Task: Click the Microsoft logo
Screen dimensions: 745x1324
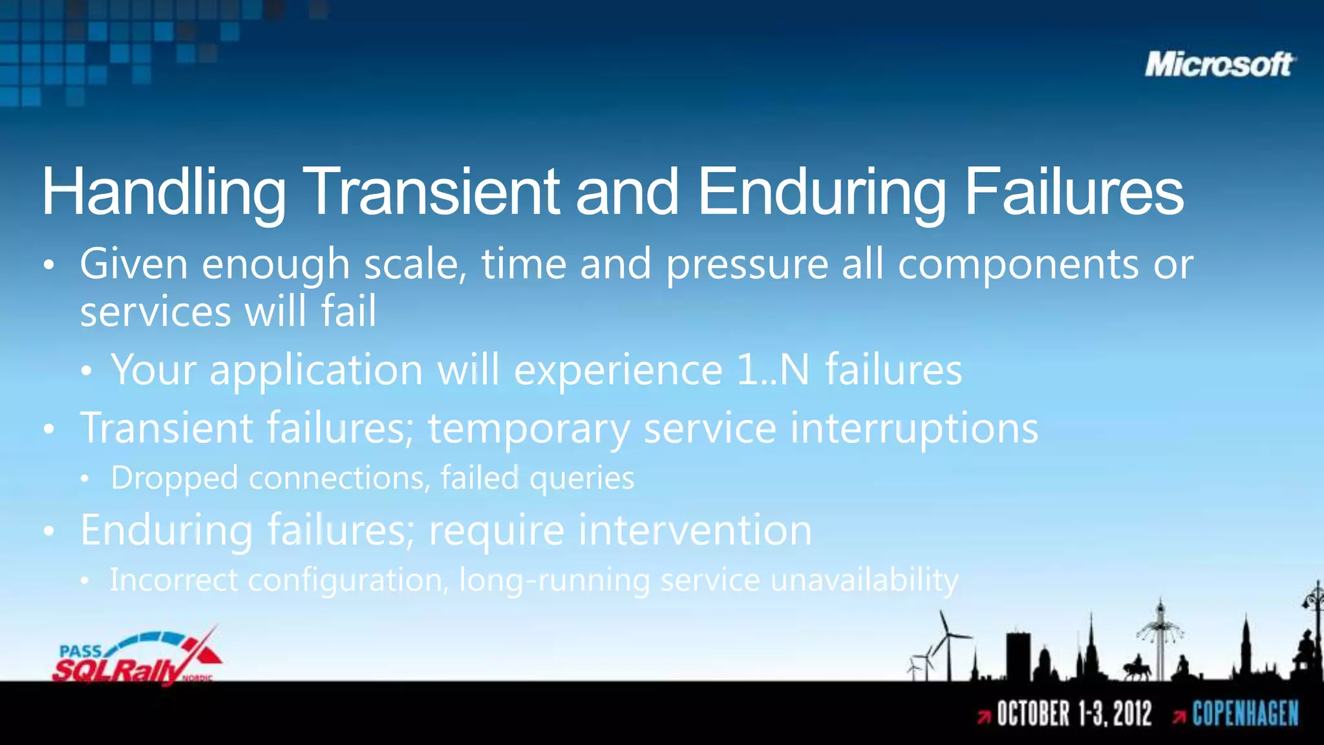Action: [x=1219, y=65]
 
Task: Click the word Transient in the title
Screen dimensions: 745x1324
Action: [x=434, y=192]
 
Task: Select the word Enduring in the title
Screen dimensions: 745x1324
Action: [x=822, y=192]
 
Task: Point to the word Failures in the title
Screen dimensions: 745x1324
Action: [x=1074, y=192]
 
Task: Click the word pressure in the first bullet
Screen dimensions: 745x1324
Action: [x=747, y=265]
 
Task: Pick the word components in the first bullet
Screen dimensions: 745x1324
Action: [x=1018, y=265]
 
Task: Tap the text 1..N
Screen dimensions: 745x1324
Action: [x=773, y=370]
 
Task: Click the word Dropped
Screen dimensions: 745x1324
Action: [x=175, y=479]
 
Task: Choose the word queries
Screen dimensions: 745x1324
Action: [x=582, y=479]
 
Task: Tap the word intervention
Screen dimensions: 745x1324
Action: [x=695, y=530]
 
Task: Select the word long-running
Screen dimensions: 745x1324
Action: [x=554, y=580]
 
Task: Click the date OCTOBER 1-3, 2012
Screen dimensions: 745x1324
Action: [x=1074, y=714]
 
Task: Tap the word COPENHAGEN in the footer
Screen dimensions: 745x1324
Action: [x=1245, y=714]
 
